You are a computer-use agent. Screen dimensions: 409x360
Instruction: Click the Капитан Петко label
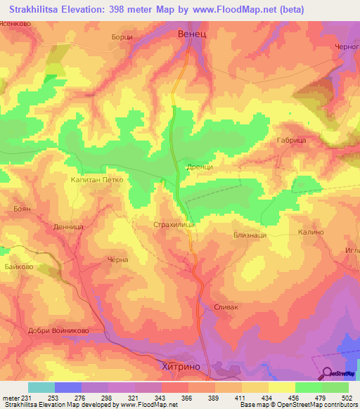97,180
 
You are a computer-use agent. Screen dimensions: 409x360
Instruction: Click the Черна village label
117,260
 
